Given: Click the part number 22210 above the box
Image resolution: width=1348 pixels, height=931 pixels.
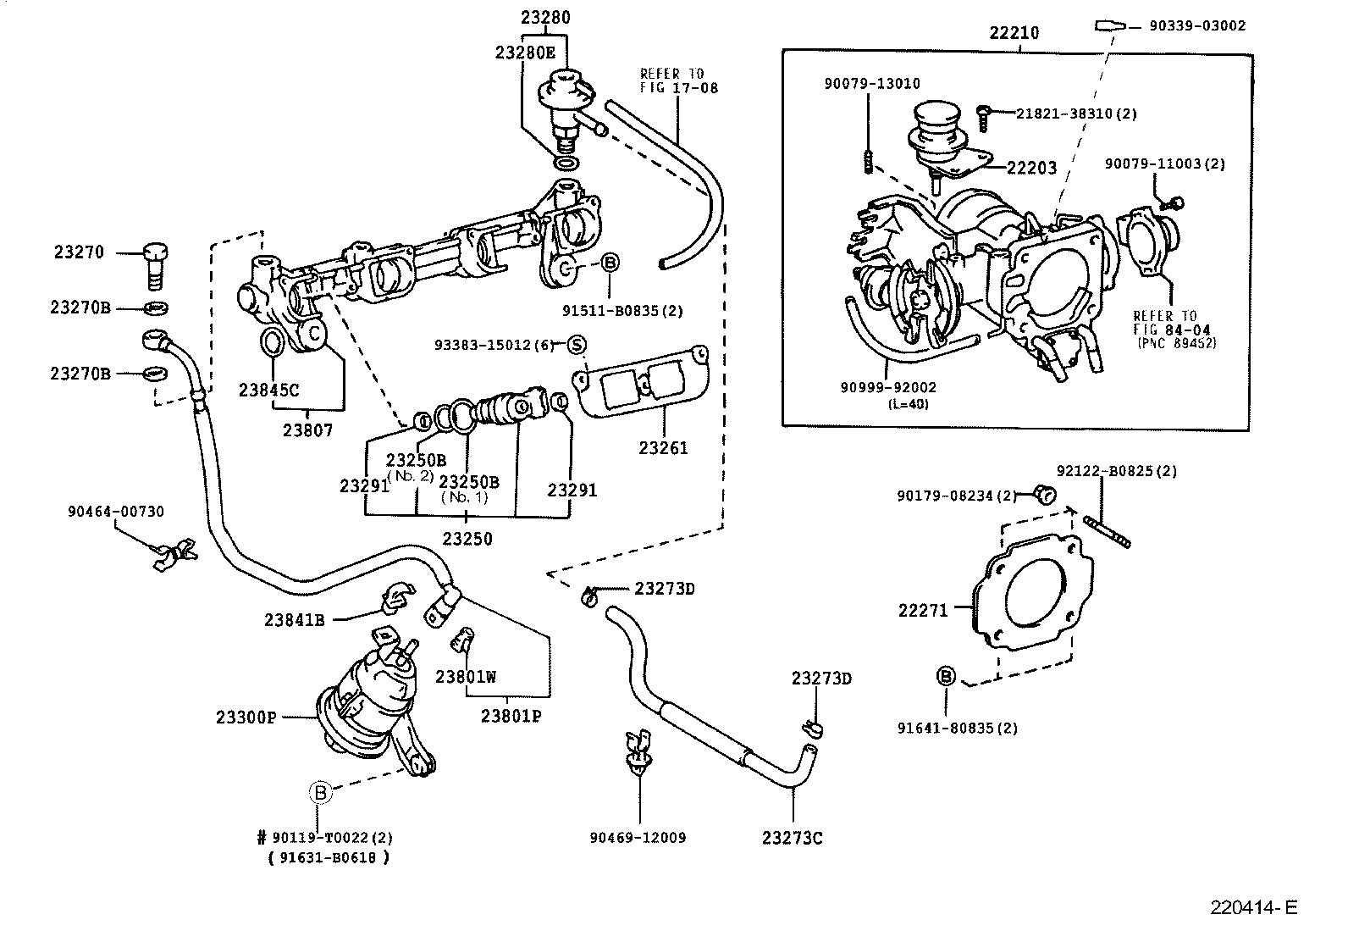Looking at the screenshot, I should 1014,33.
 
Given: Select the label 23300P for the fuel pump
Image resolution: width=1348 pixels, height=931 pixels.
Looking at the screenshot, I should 246,717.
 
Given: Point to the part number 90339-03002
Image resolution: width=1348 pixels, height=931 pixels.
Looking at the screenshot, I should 1197,26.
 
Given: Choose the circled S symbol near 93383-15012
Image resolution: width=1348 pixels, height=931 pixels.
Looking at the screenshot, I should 576,345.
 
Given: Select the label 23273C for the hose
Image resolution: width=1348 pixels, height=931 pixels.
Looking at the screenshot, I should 792,838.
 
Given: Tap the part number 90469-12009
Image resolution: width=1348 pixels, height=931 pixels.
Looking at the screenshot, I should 638,838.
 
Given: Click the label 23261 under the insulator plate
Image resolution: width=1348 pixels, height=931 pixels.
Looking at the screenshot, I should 663,448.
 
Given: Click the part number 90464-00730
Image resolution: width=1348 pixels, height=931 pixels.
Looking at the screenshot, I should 116,512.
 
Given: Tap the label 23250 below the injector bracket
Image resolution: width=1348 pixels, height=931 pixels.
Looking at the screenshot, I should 467,539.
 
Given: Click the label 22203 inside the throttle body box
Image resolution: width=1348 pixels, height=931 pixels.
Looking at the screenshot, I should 1031,168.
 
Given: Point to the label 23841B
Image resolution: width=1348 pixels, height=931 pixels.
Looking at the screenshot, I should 294,619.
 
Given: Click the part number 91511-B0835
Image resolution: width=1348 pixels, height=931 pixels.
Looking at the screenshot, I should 622,311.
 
